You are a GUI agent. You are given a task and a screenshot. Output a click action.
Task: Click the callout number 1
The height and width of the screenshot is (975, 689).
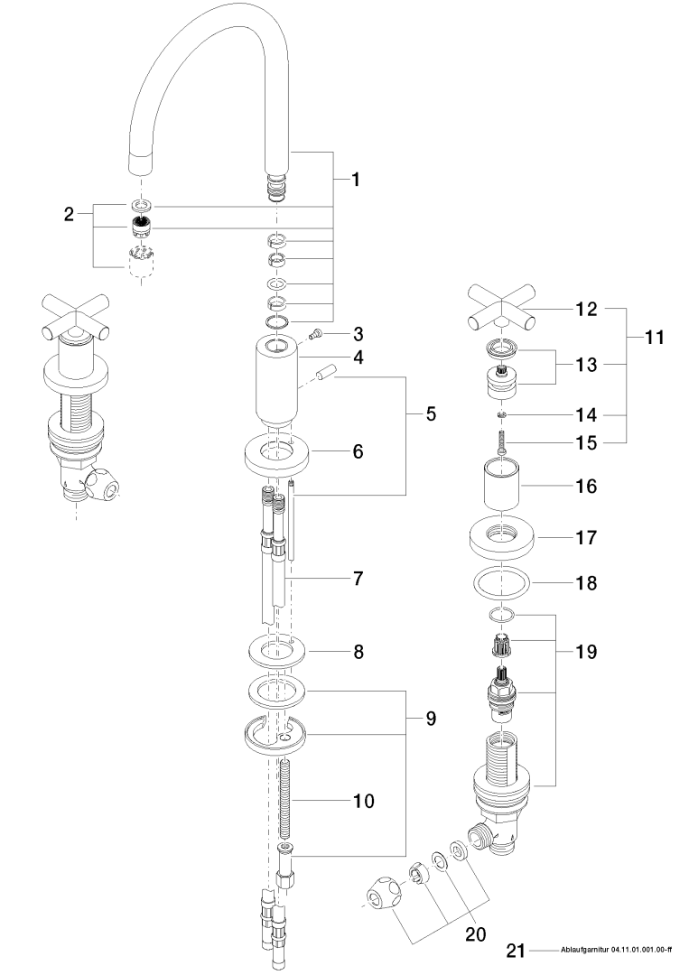point(356,180)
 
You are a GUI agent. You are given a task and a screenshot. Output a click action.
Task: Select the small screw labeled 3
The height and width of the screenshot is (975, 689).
point(315,336)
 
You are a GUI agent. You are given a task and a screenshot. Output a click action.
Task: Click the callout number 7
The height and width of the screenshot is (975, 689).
point(358,576)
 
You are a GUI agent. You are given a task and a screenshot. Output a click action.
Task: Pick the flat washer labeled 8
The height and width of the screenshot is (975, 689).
point(277,649)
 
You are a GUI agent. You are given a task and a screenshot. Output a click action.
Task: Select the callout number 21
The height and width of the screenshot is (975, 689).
point(515,950)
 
